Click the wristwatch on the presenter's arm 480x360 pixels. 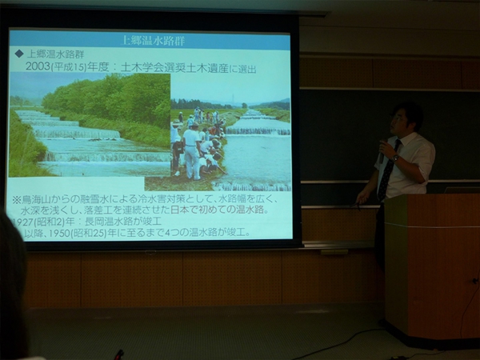point(394,158)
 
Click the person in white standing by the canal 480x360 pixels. point(192,148)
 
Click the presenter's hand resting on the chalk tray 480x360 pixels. point(364,195)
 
